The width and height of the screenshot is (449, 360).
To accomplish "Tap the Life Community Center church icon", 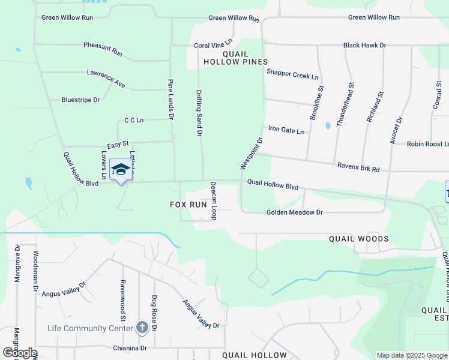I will point(142,328).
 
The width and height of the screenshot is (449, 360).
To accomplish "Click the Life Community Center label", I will point(90,328).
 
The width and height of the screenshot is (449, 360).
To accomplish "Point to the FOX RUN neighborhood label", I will point(188,205).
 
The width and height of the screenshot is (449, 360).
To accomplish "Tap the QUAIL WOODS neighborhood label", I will point(359,239).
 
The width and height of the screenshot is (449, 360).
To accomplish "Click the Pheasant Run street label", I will point(103,49).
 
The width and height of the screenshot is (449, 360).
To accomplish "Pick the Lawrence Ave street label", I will point(106,79).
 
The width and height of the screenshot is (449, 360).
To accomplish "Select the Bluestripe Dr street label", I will point(80,100).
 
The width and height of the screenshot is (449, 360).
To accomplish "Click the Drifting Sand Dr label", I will point(199,113).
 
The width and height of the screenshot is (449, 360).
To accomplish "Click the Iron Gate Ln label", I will point(286,130).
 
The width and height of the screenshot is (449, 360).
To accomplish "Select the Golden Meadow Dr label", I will point(295,212).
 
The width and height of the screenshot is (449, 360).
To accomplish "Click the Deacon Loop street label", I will point(212,200).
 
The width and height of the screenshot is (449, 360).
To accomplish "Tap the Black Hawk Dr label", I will point(364,45).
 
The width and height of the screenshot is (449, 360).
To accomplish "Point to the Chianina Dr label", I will point(130,348).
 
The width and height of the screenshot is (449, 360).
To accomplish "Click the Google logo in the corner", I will point(20,353).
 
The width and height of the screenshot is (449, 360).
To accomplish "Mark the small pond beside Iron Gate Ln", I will point(327,126).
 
